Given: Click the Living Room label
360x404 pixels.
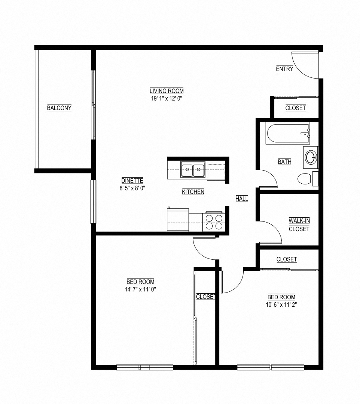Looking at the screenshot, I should (167, 91).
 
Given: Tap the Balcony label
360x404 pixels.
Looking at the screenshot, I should (59, 108).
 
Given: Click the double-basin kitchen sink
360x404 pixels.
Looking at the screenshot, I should (193, 170).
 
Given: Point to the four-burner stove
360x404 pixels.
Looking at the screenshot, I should (214, 222).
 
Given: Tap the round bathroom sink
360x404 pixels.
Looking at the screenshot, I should (311, 157).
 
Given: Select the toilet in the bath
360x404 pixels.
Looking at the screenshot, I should (305, 179).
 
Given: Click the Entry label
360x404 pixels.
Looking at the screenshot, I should (284, 69).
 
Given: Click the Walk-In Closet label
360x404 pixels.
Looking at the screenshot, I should (299, 225).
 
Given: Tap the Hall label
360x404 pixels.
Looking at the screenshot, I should (242, 199).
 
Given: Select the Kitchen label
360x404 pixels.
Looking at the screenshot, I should (193, 192).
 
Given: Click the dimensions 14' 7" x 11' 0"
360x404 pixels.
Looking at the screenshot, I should (140, 289).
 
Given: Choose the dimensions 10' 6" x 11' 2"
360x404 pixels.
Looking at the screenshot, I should (281, 304).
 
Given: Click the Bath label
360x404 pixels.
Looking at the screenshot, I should (284, 162).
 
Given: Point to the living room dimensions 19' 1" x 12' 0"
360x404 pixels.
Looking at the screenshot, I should (167, 98).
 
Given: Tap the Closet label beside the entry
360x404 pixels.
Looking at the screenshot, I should (295, 108).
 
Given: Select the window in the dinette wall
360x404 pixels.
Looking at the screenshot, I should (93, 202).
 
